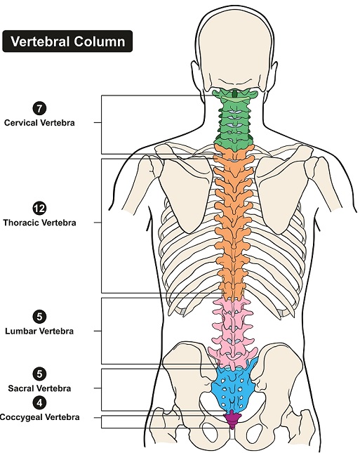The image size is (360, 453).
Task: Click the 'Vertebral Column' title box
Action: coord(67,41)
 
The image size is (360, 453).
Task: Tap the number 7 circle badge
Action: coord(39,108)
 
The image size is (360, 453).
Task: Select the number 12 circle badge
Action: coord(39,209)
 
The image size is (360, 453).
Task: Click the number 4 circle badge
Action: coord(39,402)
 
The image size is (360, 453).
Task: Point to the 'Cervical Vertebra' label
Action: coord(39,123)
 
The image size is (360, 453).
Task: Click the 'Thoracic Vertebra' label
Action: coord(39,223)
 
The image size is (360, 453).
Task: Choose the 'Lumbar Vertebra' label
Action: coord(39,331)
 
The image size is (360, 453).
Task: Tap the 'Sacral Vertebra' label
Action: coord(39,388)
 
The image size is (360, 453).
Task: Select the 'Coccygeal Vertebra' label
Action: coord(39,417)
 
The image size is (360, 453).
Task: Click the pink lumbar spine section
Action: coord(233,332)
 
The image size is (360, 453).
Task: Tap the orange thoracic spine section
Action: coord(234,223)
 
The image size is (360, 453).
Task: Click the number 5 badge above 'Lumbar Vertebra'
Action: coord(39,317)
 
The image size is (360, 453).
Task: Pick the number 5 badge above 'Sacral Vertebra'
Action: coord(39,374)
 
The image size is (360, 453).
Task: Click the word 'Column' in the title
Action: coord(99,41)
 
